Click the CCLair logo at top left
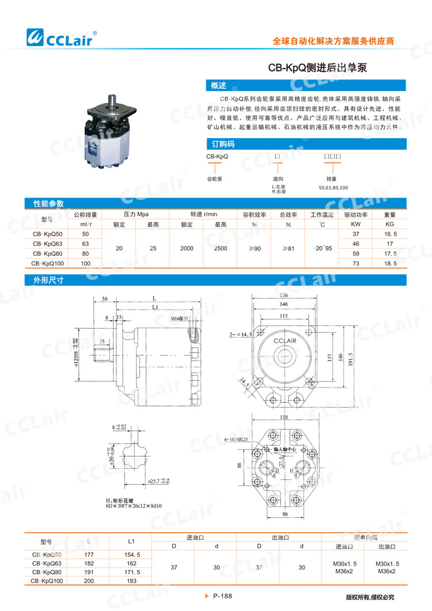click(62, 38)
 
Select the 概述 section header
click(219, 86)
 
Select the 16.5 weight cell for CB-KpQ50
click(391, 234)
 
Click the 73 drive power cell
click(356, 263)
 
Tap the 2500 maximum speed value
click(220, 249)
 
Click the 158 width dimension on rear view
click(282, 418)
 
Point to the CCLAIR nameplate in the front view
click(282, 342)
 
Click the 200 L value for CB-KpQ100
click(88, 582)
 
